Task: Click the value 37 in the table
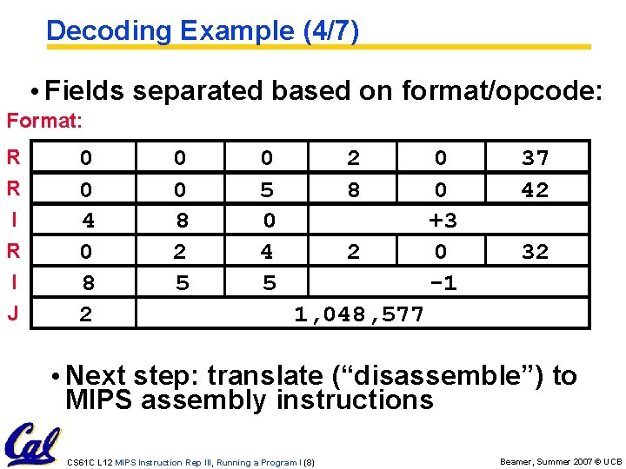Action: coord(535,158)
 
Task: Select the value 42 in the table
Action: coord(535,189)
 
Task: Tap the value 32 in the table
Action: coord(535,252)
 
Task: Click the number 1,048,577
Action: coord(358,314)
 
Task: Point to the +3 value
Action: coord(443,221)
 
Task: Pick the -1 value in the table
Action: coord(443,283)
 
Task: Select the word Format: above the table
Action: coord(44,122)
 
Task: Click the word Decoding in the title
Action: coord(97,31)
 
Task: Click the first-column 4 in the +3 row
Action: coord(87,221)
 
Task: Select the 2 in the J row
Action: coord(85,314)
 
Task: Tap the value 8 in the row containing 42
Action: coord(353,189)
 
